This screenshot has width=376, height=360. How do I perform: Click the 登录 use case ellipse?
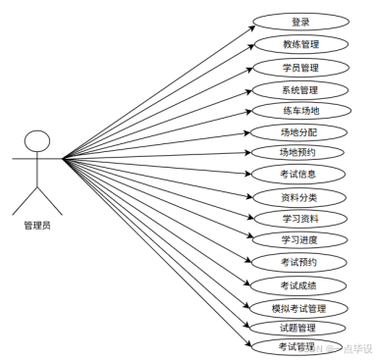[x=300, y=22]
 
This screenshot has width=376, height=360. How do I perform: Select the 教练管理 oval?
[x=300, y=44]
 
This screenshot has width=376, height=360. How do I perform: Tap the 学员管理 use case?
[x=300, y=68]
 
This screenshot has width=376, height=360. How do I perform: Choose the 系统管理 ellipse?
[x=300, y=90]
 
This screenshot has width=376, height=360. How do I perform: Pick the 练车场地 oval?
[x=299, y=111]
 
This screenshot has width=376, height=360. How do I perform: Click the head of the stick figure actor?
[x=36, y=140]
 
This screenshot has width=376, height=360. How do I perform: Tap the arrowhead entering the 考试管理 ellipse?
[x=247, y=344]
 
